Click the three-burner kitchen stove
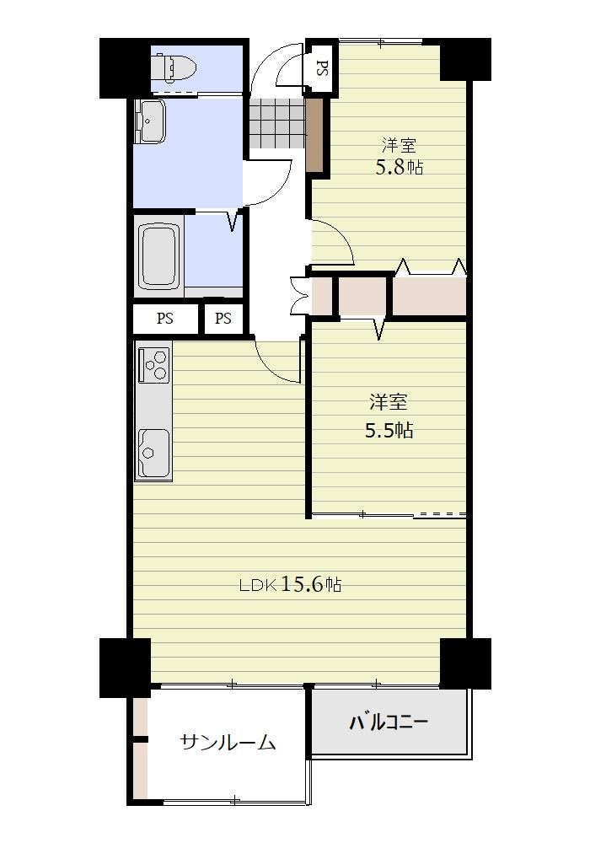coord(154,364)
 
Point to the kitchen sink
coord(154,453)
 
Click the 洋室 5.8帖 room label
coord(399,157)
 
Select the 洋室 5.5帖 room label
coord(389,416)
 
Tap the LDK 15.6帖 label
coord(290,584)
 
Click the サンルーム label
coord(228,743)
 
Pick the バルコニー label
coord(389,722)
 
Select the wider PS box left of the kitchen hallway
coord(165,319)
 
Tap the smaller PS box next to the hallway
coord(223,319)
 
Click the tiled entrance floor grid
coord(277,123)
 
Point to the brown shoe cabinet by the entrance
coord(315,134)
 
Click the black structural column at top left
coord(125,68)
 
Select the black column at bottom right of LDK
coord(465,663)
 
